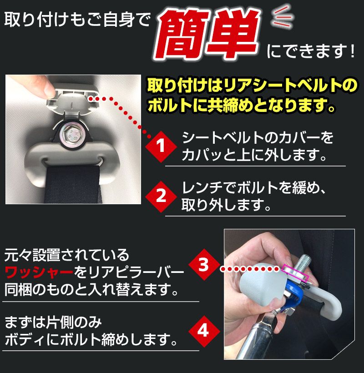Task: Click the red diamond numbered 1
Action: tap(160, 146)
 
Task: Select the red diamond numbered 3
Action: tap(203, 264)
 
